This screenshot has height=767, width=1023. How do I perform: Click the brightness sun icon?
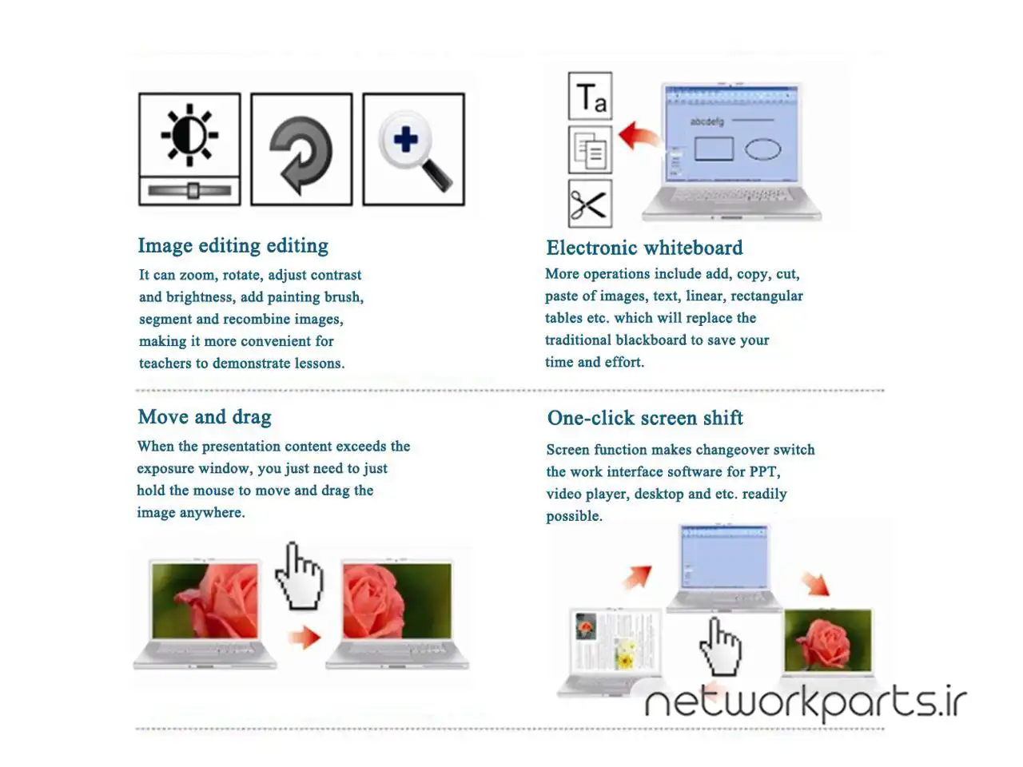click(189, 134)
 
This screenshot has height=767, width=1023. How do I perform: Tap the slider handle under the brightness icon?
click(193, 190)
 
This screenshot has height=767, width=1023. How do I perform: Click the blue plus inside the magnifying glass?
click(405, 139)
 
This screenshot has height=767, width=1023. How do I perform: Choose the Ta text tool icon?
click(590, 96)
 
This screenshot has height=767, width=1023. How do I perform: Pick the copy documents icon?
click(590, 150)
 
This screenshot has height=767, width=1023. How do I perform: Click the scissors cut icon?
click(590, 204)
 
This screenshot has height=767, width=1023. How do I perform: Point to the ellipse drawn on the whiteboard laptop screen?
click(762, 149)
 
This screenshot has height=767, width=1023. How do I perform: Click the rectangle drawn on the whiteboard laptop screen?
click(714, 149)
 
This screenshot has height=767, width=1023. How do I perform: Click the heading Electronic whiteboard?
click(644, 248)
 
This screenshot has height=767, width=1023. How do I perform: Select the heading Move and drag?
click(205, 417)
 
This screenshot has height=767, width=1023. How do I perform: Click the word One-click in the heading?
click(591, 418)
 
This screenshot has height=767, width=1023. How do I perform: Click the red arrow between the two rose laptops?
click(305, 637)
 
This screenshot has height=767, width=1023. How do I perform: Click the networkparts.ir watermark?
click(806, 703)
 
